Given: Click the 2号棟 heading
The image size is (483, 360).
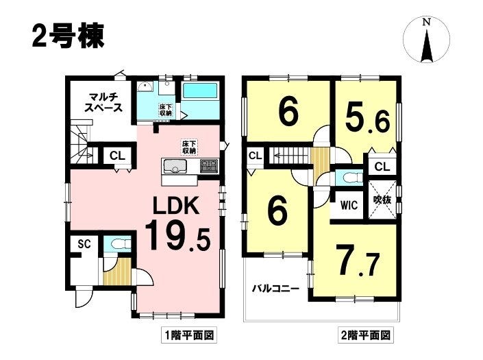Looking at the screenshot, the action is (x=68, y=36).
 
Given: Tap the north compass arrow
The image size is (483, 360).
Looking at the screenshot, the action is (x=427, y=45).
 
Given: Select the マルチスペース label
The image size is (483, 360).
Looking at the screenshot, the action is (x=103, y=103).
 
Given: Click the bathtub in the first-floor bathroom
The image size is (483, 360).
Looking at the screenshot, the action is (x=200, y=91).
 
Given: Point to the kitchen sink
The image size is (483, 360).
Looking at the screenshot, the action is (x=175, y=167).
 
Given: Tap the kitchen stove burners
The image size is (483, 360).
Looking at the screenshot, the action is (x=209, y=166).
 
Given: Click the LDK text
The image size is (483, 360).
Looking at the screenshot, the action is (x=177, y=206).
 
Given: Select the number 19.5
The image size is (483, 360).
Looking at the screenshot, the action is (x=177, y=237).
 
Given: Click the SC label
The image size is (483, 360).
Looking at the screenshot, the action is (x=84, y=244).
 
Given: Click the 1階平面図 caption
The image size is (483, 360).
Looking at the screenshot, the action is (x=188, y=335).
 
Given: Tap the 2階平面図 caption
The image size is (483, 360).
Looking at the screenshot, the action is (x=365, y=335).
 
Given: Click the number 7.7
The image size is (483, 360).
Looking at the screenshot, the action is (x=358, y=260).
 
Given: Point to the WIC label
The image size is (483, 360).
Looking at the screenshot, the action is (x=349, y=205).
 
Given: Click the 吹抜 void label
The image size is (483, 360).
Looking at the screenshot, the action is (x=382, y=200).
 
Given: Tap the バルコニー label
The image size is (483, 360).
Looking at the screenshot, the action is (x=275, y=289).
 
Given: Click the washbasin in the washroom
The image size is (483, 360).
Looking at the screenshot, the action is (x=145, y=88).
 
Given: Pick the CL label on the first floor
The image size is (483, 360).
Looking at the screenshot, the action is (x=118, y=156).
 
